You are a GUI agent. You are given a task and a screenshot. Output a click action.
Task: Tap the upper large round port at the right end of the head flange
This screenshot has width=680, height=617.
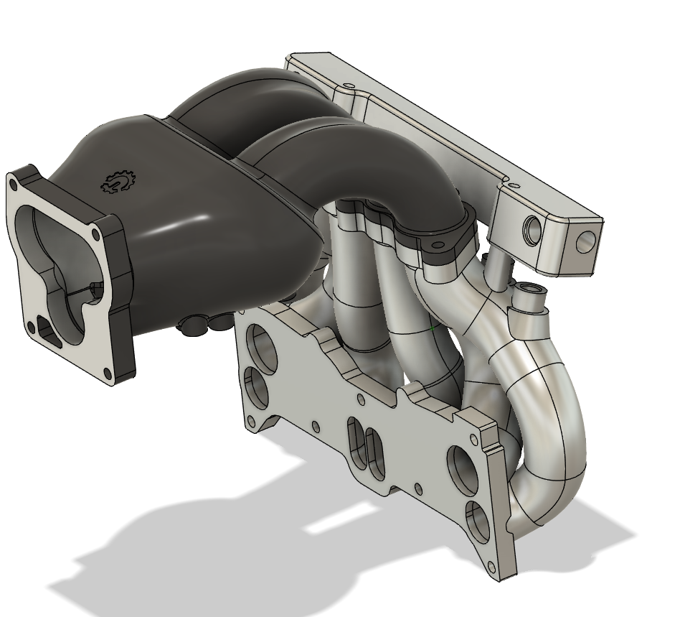460,466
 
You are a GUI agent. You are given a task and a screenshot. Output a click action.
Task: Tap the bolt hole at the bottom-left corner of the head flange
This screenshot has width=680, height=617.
250,424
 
